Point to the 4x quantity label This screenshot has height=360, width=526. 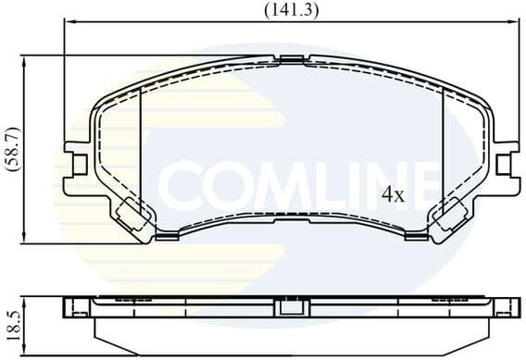pos(394,194)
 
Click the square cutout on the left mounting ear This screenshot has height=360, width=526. pos(79,165)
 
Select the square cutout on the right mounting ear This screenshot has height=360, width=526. pos(504,165)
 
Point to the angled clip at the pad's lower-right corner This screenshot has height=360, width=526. pos(451,218)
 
